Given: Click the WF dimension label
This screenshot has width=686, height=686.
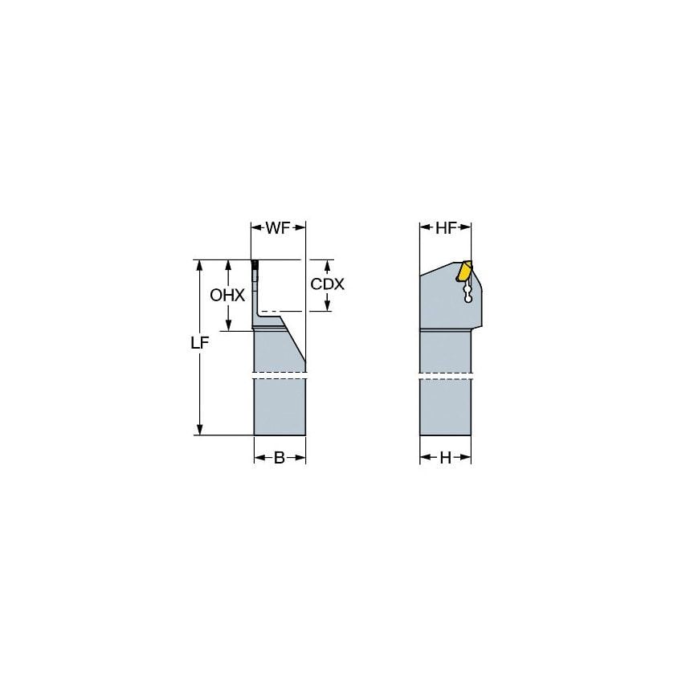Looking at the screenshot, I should (278, 228).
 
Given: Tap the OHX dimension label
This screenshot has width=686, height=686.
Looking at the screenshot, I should (227, 295).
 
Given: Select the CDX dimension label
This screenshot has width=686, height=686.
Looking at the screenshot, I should (328, 284).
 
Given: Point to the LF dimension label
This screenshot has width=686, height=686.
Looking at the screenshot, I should (200, 343).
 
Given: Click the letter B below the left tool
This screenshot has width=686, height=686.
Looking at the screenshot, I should (280, 458).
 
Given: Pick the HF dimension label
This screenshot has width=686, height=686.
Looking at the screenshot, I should (447, 228).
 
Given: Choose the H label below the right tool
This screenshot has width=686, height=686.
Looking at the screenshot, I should (445, 458).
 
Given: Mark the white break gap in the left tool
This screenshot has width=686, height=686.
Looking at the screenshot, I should (280, 374).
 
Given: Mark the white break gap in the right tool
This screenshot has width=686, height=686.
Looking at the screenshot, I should (445, 374).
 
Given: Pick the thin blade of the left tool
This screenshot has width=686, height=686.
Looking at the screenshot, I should (256, 293).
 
